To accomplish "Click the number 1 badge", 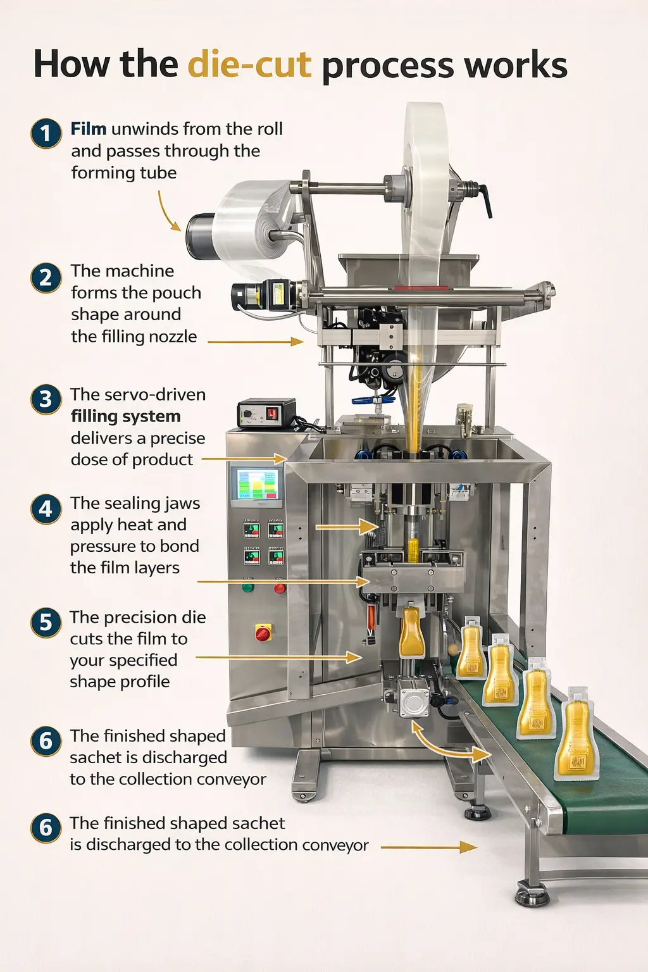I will (46, 134).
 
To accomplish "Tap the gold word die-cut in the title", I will (249, 65).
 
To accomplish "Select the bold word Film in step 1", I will (88, 129).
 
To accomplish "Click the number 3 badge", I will (46, 399).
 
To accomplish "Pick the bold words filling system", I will (125, 416).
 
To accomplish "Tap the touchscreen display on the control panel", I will (257, 485).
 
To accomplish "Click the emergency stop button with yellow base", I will (263, 632).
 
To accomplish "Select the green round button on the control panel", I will (247, 588).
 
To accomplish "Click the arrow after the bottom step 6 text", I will (428, 847).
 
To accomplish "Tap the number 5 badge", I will (46, 622).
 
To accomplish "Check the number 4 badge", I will (46, 509).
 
